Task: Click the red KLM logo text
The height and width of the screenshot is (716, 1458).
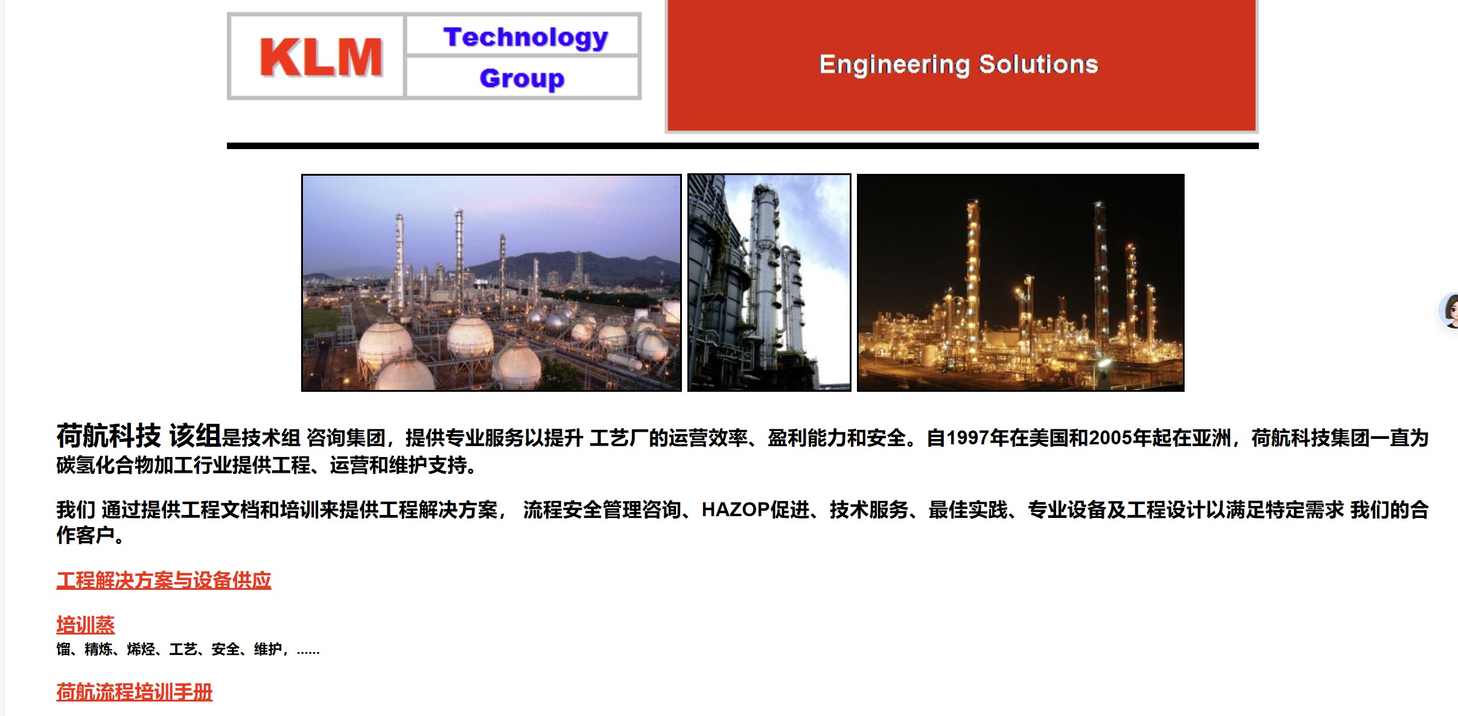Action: coord(321,57)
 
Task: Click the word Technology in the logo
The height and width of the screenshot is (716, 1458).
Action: coord(526,37)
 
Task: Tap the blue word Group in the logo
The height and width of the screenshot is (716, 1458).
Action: coord(522,78)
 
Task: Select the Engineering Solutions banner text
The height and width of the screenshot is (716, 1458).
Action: coord(958,64)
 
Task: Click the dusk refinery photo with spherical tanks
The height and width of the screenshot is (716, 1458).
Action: coord(491,283)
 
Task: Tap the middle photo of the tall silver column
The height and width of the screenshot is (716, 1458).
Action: coord(769,283)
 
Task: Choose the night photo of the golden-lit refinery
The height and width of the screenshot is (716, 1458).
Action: coord(1020,283)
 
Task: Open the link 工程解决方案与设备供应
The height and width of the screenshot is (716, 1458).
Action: coord(164,580)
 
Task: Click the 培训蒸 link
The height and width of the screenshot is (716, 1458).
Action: coord(85,625)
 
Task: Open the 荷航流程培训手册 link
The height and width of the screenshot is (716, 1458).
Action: coord(134,692)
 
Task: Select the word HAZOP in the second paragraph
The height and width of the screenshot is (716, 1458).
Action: coord(736,510)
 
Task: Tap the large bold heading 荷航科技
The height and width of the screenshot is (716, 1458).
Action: coord(109,435)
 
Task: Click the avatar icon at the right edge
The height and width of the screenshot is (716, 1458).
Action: coord(1450,310)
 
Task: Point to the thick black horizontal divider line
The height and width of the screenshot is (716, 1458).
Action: coord(742,145)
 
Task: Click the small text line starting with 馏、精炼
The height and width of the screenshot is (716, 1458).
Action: coord(188,650)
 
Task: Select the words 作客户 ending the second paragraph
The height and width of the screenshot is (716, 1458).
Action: coord(85,535)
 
